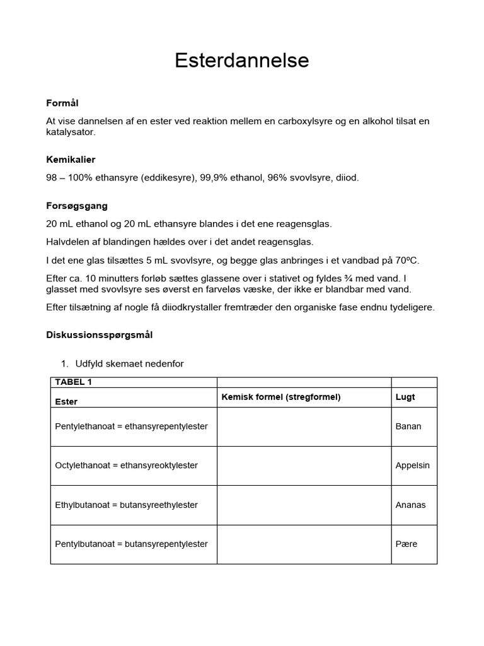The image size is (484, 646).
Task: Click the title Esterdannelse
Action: pyautogui.click(x=242, y=61)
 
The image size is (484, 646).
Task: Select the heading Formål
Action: pyautogui.click(x=62, y=103)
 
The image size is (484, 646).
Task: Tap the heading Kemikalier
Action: pyautogui.click(x=71, y=160)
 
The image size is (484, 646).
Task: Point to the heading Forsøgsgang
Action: pyautogui.click(x=77, y=206)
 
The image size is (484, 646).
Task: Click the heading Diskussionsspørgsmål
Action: pyautogui.click(x=100, y=335)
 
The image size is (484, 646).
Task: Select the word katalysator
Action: pyautogui.click(x=71, y=132)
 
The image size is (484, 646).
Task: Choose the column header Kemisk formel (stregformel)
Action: pyautogui.click(x=281, y=397)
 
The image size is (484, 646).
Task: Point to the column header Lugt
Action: pyautogui.click(x=405, y=397)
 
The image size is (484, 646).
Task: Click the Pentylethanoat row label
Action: pyautogui.click(x=131, y=426)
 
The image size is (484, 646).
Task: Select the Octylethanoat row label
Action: pyautogui.click(x=126, y=466)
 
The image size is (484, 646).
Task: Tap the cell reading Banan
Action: pyautogui.click(x=408, y=426)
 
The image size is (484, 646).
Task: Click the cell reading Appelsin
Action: pyautogui.click(x=413, y=466)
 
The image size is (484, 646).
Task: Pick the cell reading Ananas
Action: pyautogui.click(x=410, y=505)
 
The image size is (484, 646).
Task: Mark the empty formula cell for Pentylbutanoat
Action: pyautogui.click(x=304, y=544)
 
